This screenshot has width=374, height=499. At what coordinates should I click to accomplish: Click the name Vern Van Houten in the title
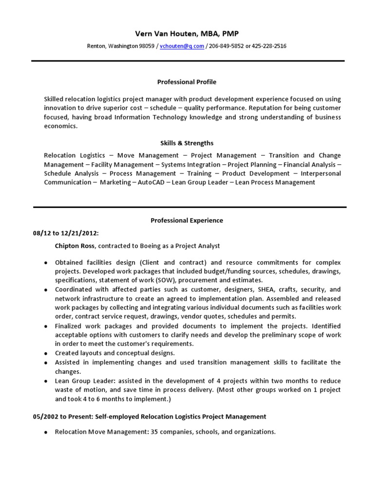[x=166, y=33]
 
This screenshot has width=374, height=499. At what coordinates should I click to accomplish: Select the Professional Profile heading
[x=187, y=82]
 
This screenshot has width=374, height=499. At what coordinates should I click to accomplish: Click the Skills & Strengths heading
[x=187, y=143]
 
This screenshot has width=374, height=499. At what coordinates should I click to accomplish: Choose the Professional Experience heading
[x=187, y=220]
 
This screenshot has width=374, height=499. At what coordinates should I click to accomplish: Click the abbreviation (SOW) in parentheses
[x=152, y=280]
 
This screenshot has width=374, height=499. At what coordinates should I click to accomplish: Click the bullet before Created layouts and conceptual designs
[x=45, y=353]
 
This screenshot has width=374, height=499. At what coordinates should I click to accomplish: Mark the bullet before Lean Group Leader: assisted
[x=45, y=381]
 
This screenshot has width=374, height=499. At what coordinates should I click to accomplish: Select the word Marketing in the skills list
[x=115, y=182]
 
